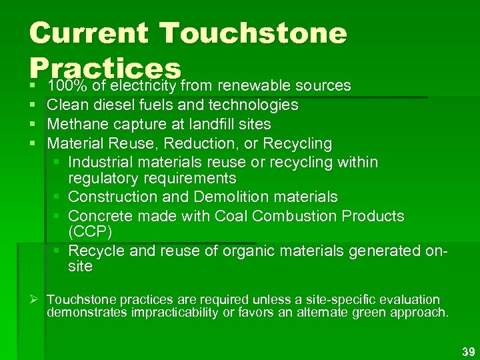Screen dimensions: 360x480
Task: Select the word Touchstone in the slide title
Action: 254,33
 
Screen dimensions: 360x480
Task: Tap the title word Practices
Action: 105,67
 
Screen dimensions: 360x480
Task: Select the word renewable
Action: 252,85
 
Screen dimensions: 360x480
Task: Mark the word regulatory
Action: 100,178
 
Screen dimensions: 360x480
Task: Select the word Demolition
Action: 228,197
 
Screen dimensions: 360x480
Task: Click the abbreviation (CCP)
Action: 89,232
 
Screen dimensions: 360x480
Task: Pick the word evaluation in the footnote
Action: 406,300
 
